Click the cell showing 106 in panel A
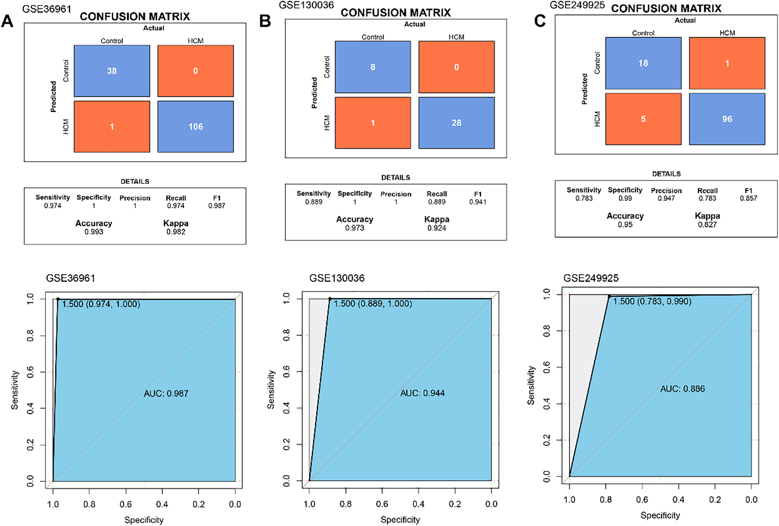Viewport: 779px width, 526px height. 195,127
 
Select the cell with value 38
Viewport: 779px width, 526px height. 112,71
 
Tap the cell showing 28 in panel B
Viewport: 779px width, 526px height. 456,123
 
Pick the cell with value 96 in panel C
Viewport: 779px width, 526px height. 727,119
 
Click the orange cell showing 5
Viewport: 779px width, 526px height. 643,119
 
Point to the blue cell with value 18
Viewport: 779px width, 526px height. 643,63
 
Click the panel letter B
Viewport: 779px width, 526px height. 265,21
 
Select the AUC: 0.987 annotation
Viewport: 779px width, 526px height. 166,394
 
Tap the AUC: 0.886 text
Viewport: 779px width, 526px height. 682,389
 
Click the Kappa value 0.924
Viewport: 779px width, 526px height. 437,228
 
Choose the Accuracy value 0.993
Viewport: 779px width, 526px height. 94,232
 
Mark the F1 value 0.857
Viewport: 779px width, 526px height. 748,198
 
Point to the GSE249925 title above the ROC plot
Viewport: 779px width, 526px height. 590,278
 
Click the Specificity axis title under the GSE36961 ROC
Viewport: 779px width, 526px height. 144,520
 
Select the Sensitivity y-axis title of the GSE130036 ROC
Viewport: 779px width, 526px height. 271,389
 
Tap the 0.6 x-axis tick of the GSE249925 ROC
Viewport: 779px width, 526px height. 642,499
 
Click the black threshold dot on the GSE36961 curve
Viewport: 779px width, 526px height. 58,299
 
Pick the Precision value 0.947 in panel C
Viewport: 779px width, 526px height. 666,198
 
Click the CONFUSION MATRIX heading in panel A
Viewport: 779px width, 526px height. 135,16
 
